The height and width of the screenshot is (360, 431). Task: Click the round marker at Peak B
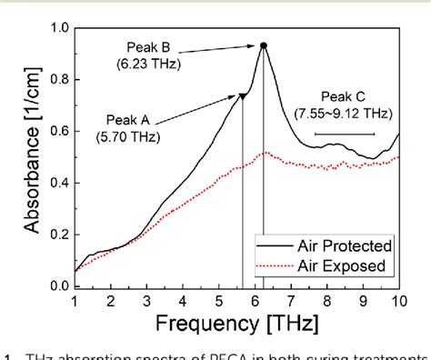pyautogui.click(x=264, y=45)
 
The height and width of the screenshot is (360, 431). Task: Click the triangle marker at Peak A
pyautogui.click(x=243, y=95)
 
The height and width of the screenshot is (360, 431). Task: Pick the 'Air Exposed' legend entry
pyautogui.click(x=347, y=266)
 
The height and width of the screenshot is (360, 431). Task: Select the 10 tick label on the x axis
pyautogui.click(x=398, y=301)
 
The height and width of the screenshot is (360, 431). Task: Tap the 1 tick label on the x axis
pyautogui.click(x=75, y=301)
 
